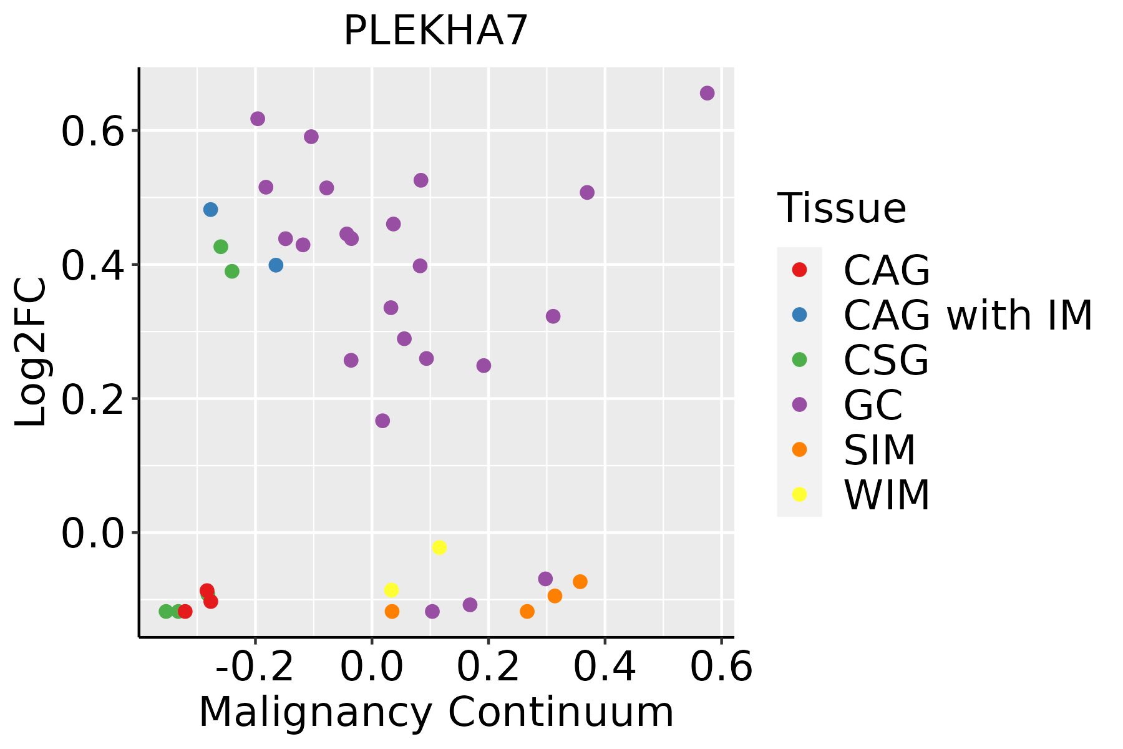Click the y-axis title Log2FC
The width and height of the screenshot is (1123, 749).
coord(31,353)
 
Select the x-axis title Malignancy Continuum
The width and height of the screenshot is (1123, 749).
coord(436,712)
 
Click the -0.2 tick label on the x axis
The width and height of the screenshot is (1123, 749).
coord(255,667)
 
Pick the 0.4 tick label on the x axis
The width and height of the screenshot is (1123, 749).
coord(605,667)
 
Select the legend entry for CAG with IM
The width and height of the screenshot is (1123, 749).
coord(967,315)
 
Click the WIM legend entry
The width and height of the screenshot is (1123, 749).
coord(886,495)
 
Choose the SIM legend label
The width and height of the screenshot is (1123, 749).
coord(880,450)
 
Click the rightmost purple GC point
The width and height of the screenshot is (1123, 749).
coord(707,93)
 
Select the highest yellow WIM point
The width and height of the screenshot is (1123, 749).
coord(439,547)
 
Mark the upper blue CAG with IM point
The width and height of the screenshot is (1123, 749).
coord(211,209)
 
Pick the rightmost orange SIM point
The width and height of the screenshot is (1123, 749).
coord(580,582)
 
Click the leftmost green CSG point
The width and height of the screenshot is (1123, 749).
coord(166,611)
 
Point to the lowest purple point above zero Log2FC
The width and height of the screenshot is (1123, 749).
coord(382,421)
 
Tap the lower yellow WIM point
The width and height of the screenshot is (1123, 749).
coord(391,590)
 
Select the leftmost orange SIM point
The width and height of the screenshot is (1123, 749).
coord(392,611)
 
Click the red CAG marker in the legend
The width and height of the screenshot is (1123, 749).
coord(799,270)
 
